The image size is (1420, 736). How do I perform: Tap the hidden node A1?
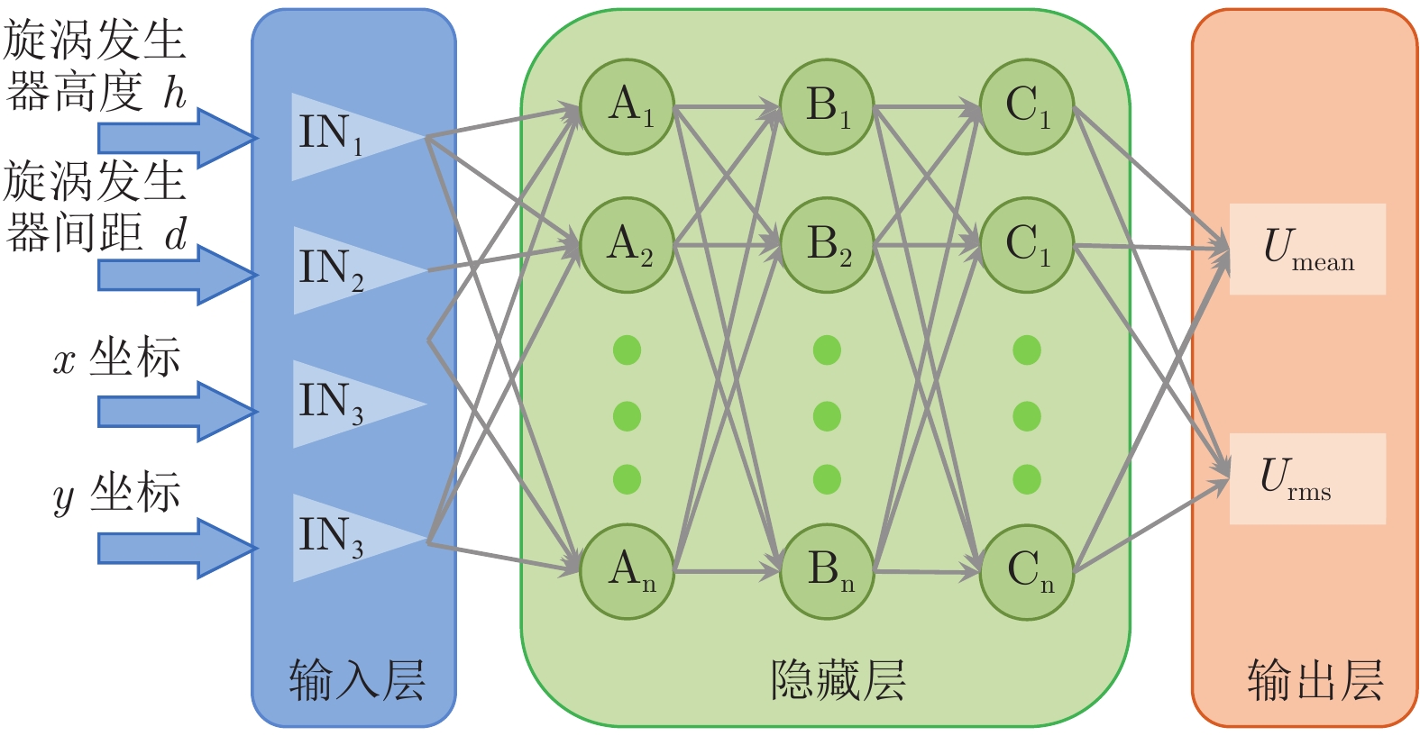coord(627,107)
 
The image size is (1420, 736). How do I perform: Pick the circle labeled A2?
coord(627,245)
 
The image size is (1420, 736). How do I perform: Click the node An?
coord(627,571)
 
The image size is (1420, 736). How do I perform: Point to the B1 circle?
coord(827,107)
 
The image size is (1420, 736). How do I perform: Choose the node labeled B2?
coord(827,245)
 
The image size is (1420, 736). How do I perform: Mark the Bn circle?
coord(827,571)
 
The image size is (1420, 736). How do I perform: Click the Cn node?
coord(1027,571)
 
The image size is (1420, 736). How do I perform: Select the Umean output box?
coord(1307,249)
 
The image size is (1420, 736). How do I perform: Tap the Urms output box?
coord(1307,478)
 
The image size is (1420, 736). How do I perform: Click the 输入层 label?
coord(356,679)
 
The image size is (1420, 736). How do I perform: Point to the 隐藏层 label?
coord(838,679)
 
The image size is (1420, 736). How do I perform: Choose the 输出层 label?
coord(1315,679)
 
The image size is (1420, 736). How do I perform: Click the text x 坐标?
coord(117,359)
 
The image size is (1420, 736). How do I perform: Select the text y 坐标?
coord(117,494)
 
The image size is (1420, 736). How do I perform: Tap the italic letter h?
coord(174,92)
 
